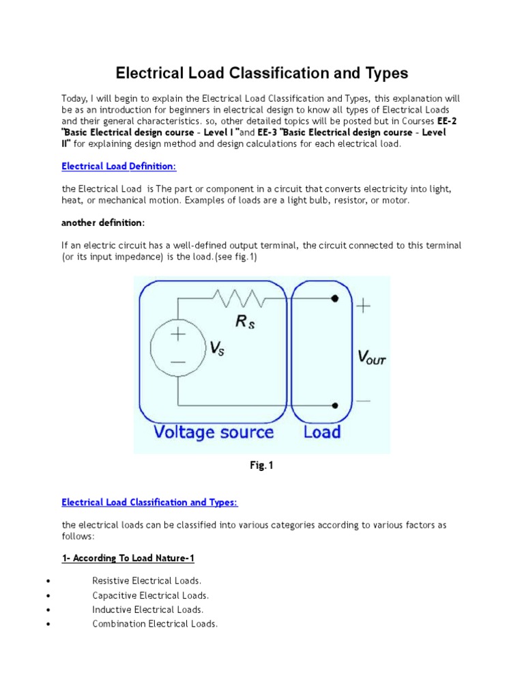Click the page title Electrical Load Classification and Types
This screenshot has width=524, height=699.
(261, 73)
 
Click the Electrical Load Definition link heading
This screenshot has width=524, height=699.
(119, 166)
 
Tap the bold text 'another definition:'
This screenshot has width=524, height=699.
(102, 223)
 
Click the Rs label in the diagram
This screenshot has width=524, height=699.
(246, 322)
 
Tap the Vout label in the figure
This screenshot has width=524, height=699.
(372, 356)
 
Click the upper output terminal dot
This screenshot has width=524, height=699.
(334, 298)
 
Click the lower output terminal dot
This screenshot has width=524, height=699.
(334, 404)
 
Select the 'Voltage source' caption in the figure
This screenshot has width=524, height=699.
(213, 432)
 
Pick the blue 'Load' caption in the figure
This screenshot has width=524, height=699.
(321, 432)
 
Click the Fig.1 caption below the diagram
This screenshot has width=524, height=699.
(261, 466)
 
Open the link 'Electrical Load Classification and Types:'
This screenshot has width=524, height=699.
(149, 502)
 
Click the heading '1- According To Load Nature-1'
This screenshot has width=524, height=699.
(128, 558)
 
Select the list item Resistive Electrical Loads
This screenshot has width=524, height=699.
(147, 580)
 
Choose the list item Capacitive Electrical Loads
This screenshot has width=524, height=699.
(151, 595)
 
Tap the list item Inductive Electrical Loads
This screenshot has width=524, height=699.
(148, 610)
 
